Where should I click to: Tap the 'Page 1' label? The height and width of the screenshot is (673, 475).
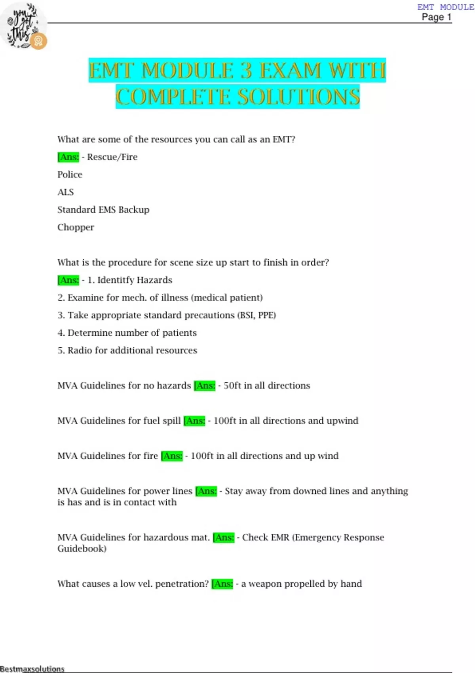436,17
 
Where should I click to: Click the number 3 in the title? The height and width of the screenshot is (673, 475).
246,71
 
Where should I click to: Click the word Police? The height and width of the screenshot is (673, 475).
70,175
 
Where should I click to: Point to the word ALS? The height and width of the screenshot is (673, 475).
65,192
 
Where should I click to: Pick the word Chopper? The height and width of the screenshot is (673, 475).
76,228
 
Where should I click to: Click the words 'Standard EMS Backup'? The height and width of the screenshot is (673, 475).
103,210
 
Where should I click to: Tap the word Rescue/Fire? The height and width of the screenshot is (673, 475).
112,157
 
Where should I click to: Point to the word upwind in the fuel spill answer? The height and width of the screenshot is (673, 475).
342,421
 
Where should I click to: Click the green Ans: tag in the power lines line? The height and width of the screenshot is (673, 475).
206,491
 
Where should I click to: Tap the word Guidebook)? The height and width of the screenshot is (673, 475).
82,549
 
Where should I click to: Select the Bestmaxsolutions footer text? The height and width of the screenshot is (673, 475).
32,669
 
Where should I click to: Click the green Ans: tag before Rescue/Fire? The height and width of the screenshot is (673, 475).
68,157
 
